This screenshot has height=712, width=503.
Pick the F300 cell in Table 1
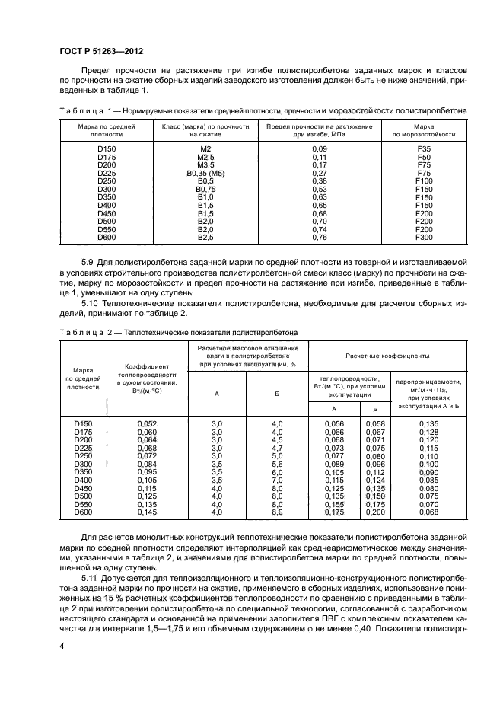click(424, 237)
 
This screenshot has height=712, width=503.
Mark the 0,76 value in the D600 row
click(320, 237)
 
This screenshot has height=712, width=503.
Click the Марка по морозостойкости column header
click(424, 129)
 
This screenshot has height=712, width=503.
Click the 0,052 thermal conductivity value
click(146, 423)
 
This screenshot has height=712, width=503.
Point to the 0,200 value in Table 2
click(375, 513)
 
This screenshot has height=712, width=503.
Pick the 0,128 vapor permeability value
click(430, 432)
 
